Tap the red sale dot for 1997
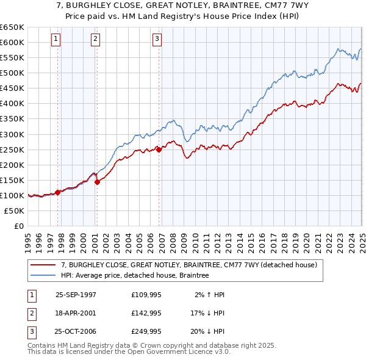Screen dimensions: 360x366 58,192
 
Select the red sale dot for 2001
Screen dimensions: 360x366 97,182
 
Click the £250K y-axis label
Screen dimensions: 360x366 12,149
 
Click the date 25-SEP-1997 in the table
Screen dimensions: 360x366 76,294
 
